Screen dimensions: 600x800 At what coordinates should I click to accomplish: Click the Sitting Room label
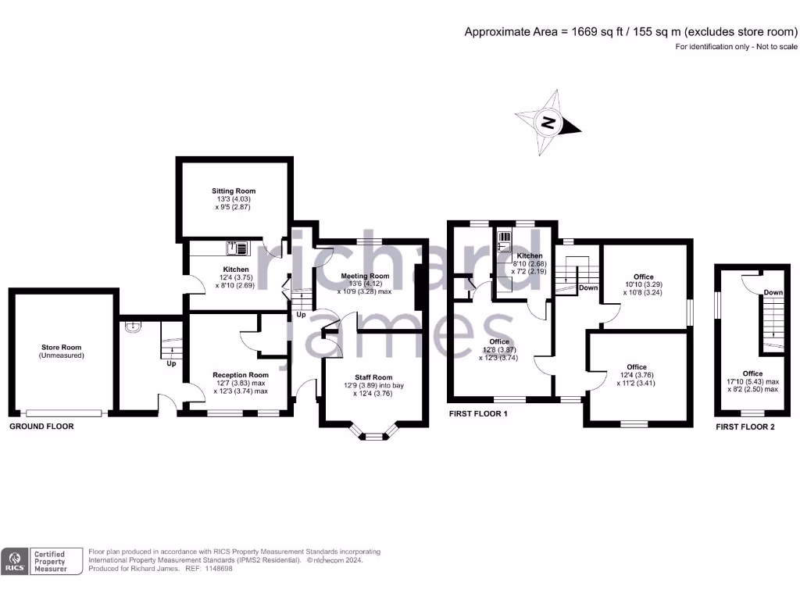(x=234, y=191)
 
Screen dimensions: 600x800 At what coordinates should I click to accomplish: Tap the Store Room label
(x=62, y=347)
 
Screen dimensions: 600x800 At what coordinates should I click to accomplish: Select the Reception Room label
(x=241, y=375)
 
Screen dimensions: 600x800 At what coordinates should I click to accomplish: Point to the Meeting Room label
(x=365, y=276)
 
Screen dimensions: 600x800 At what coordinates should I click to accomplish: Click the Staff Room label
(x=366, y=377)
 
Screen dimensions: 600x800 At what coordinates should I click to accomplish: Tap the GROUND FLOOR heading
(x=41, y=427)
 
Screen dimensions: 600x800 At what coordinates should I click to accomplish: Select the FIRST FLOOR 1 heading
(x=478, y=413)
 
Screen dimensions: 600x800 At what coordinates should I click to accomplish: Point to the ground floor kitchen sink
(x=237, y=248)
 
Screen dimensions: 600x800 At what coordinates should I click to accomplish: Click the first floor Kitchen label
(x=529, y=256)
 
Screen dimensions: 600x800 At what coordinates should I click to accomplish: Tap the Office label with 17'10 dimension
(x=752, y=373)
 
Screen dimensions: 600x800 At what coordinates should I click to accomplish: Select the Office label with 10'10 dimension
(x=644, y=277)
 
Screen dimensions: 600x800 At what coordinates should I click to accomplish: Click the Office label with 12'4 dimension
(x=637, y=367)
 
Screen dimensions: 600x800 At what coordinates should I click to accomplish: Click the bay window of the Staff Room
(x=374, y=437)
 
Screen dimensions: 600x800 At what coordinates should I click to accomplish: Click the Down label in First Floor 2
(x=773, y=293)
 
